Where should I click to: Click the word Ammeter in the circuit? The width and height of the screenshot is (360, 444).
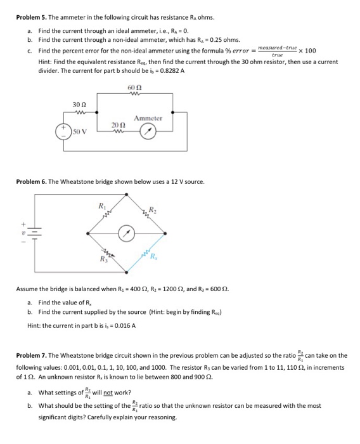point(148,119)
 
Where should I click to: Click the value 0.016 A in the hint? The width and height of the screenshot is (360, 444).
point(124,325)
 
